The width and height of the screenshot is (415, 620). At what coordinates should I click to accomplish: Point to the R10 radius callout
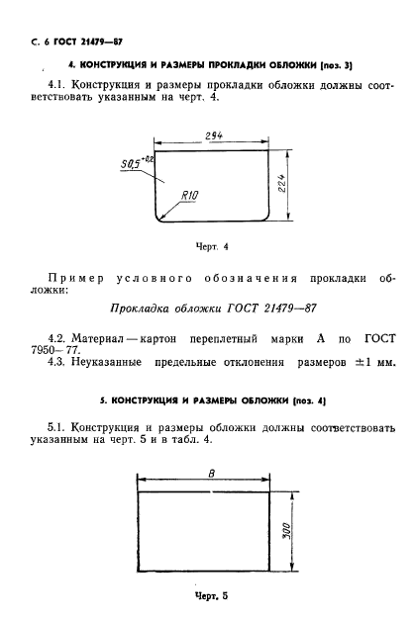(x=190, y=196)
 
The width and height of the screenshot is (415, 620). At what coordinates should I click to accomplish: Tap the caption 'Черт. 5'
(x=210, y=595)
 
